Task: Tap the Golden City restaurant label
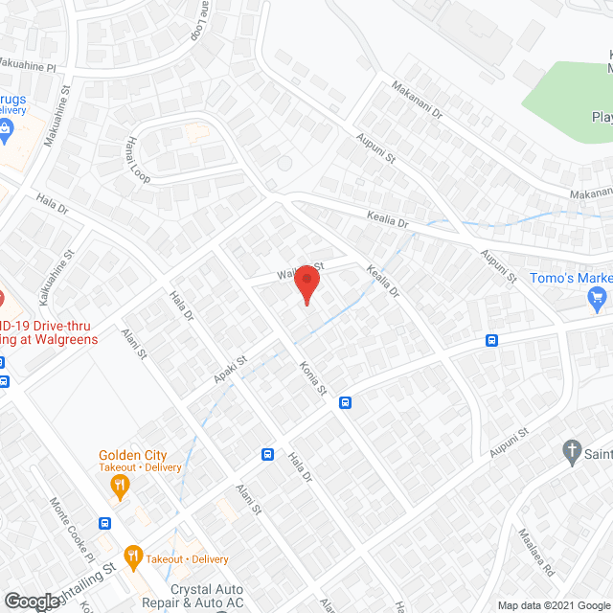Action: tap(132, 455)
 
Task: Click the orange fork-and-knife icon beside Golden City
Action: tap(119, 486)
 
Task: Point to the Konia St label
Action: tap(313, 378)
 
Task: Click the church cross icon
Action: tap(571, 450)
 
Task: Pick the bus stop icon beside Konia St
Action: tap(346, 403)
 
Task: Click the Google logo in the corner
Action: tap(32, 602)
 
